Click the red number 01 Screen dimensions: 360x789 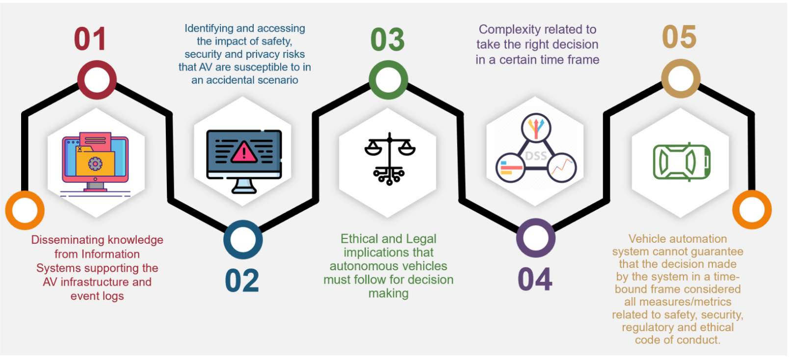pyautogui.click(x=90, y=39)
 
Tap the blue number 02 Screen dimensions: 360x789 pyautogui.click(x=242, y=281)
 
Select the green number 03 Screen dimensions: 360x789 pyautogui.click(x=388, y=40)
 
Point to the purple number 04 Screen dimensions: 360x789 pyautogui.click(x=535, y=280)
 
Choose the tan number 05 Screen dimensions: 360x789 pyautogui.click(x=679, y=37)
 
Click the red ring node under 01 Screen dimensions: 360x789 pyautogui.click(x=97, y=80)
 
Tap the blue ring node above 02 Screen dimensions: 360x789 pyautogui.click(x=243, y=240)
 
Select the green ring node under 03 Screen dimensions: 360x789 pyautogui.click(x=388, y=80)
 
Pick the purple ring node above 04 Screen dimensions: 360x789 pyautogui.click(x=536, y=238)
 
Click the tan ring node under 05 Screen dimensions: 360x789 pyautogui.click(x=681, y=78)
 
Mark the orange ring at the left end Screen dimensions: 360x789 pyautogui.click(x=25, y=210)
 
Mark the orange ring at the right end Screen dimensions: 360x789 pyautogui.click(x=752, y=209)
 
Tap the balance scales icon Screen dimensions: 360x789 pyautogui.click(x=390, y=158)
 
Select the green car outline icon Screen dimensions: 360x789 pyautogui.click(x=682, y=161)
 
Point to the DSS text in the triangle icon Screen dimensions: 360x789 pyautogui.click(x=536, y=156)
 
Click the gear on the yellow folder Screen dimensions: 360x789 pyautogui.click(x=95, y=163)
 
